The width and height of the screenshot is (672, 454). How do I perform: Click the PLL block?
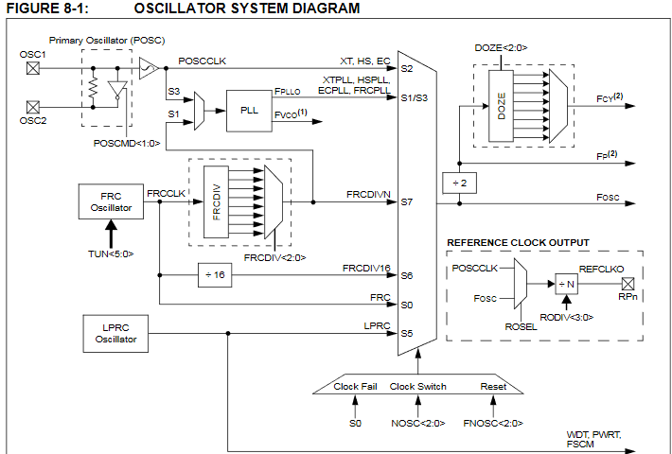click(x=250, y=110)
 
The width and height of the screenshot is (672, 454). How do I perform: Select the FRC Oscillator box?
click(x=111, y=201)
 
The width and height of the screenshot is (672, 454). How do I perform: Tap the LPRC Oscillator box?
click(x=111, y=334)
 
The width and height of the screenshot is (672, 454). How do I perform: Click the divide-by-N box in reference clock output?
click(x=566, y=283)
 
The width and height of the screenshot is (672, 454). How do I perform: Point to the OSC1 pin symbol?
click(x=33, y=68)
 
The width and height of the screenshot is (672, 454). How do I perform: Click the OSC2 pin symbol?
click(x=33, y=107)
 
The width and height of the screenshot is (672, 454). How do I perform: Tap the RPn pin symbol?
click(x=625, y=282)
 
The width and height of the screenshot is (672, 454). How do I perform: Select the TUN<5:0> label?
click(x=112, y=254)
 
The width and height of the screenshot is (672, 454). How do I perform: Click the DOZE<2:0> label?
click(x=498, y=46)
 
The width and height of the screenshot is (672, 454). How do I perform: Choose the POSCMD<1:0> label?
click(x=127, y=143)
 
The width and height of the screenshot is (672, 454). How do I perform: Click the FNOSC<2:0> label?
click(x=492, y=423)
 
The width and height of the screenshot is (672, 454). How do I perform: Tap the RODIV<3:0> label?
click(x=566, y=317)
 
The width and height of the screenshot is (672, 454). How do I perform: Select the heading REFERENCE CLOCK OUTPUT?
click(x=519, y=243)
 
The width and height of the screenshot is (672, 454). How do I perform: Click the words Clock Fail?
click(x=356, y=386)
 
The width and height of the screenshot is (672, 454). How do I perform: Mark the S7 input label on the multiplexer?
click(x=407, y=201)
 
